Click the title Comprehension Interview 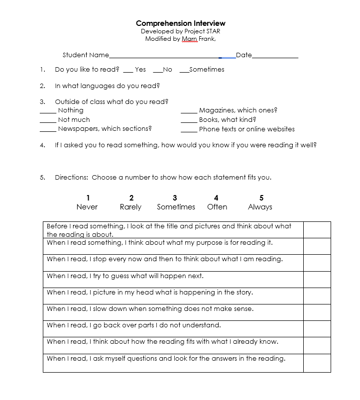tap(180, 23)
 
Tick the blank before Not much tap(48, 121)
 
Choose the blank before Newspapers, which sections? tap(48, 131)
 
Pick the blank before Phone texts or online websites tap(189, 131)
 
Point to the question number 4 tap(42, 145)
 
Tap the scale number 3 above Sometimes tap(175, 198)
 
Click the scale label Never tap(87, 207)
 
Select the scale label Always tap(260, 207)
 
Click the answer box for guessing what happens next tap(317, 279)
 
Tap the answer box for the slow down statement tap(317, 312)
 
